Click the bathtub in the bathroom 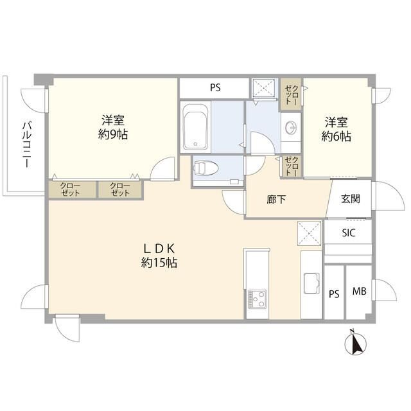point(195,127)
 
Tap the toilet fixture point(206,168)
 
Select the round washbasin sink point(291,128)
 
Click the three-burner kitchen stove point(257,299)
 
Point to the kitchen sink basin point(311,283)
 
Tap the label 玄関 point(351,199)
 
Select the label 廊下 point(276,200)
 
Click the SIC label point(349,232)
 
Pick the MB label point(359,291)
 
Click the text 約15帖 point(159,263)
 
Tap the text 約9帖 point(113,135)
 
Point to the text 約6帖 point(337,136)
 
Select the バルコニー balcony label point(27,144)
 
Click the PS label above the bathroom point(215,87)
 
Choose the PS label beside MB point(334,294)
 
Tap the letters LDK point(159,249)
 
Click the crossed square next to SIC point(310,234)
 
